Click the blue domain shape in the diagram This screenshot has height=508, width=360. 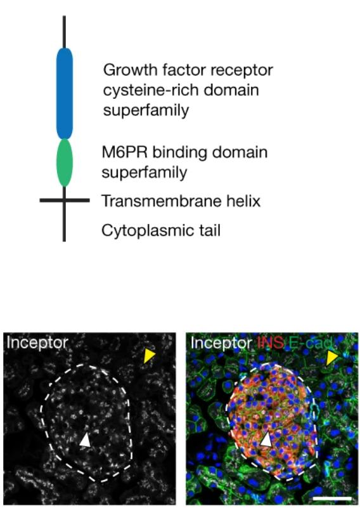[65, 94]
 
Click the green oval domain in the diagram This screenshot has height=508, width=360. [65, 163]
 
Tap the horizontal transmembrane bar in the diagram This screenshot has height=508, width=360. [65, 200]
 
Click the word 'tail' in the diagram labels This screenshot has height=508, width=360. [209, 231]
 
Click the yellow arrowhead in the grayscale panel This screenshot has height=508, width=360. [149, 356]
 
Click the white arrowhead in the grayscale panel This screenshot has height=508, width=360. [86, 441]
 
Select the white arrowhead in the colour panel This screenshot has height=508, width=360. [266, 440]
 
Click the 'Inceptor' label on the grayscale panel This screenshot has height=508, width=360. [37, 343]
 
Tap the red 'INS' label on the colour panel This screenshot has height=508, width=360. [271, 342]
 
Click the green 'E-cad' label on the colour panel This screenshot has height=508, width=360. [310, 342]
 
